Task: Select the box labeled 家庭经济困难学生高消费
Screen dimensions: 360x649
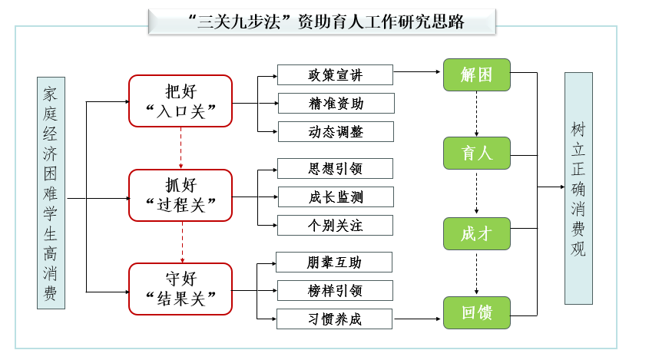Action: point(51,192)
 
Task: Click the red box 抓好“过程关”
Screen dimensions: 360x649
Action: point(180,195)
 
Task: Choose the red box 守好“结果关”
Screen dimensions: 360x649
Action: point(180,289)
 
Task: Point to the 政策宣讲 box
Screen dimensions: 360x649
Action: point(335,74)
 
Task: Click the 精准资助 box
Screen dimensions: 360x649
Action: point(335,103)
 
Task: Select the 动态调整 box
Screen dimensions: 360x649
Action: point(335,131)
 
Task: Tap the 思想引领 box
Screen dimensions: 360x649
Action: point(335,168)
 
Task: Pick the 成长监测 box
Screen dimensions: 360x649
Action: point(335,197)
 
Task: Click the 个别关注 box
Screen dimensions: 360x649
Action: point(335,225)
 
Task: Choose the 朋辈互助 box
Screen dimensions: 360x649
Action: point(335,263)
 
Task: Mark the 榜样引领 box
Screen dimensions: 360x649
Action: point(335,291)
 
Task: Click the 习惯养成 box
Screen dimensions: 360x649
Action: point(335,319)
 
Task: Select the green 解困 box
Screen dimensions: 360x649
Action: point(476,74)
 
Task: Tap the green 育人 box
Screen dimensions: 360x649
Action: point(476,154)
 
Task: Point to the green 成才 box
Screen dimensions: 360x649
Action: point(476,234)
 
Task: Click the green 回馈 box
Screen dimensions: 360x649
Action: point(476,313)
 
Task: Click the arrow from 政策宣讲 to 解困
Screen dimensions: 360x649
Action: point(418,74)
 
